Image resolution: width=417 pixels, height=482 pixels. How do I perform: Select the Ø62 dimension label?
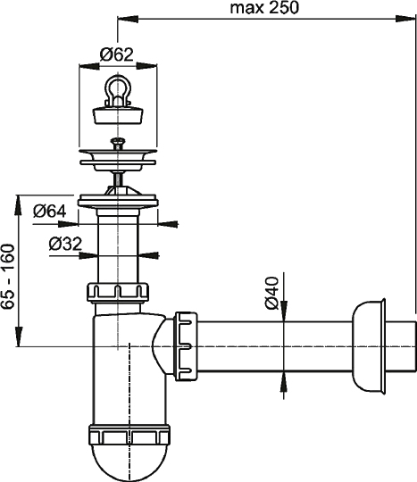pyautogui.click(x=116, y=54)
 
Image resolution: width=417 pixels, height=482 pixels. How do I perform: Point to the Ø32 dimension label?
pyautogui.click(x=66, y=243)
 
